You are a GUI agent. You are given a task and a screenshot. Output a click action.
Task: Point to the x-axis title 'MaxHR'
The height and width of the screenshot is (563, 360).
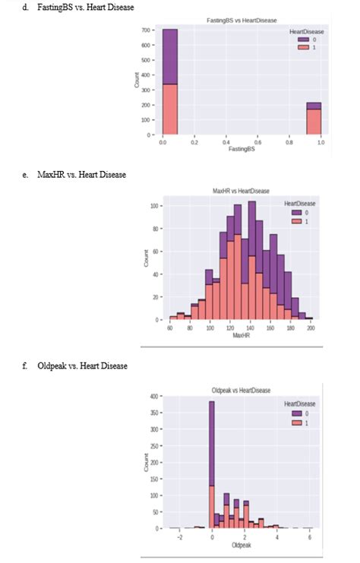pos(241,334)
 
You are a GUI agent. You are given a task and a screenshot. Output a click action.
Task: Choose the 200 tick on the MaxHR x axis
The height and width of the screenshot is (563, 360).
pos(311,327)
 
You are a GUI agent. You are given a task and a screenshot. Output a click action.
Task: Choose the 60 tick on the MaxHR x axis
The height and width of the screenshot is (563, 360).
pos(169,327)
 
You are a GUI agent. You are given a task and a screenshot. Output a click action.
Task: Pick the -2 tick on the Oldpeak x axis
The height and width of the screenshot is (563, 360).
pos(179,536)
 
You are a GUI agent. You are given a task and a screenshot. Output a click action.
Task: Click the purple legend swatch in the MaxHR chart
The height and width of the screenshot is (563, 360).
pos(297,213)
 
